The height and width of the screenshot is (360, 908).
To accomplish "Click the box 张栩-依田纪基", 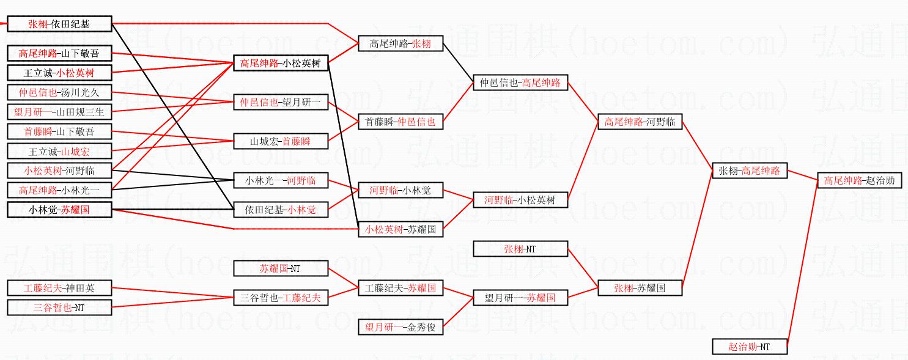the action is coord(59,24).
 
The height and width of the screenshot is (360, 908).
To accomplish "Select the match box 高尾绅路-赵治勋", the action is coord(859,181).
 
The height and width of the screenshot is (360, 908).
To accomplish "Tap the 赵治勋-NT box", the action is coord(749,347).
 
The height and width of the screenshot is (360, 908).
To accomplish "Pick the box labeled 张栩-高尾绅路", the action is coord(750,171).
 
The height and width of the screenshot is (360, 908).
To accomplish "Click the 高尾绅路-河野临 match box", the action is coord(639,122).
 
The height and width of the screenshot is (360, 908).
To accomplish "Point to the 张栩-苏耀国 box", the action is coord(639,288).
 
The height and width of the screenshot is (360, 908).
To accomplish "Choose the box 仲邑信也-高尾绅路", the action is coord(520,83).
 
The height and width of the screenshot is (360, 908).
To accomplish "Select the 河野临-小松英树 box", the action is coord(520,200).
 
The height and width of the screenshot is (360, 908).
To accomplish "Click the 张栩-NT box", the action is coord(520,249).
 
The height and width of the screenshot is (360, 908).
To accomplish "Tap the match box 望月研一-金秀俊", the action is coord(400,327).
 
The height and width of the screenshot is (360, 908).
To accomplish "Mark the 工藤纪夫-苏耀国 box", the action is coord(400,288).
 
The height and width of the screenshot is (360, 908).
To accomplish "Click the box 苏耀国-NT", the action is coord(281,268).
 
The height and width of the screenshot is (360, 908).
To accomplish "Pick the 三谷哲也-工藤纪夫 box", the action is coord(281,298).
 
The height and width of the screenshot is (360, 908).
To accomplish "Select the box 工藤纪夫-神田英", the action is coord(59,288).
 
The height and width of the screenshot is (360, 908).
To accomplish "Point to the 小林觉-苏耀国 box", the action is coord(59,210).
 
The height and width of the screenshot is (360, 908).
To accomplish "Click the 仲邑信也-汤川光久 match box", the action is coord(59,93).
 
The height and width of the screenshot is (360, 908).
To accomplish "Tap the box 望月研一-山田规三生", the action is coord(59,112).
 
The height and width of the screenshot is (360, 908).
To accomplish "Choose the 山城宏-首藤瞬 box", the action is coord(281,141).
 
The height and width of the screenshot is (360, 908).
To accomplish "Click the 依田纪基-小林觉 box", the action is coord(281,210).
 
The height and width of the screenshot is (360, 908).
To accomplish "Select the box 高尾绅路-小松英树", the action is coord(281,63).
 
